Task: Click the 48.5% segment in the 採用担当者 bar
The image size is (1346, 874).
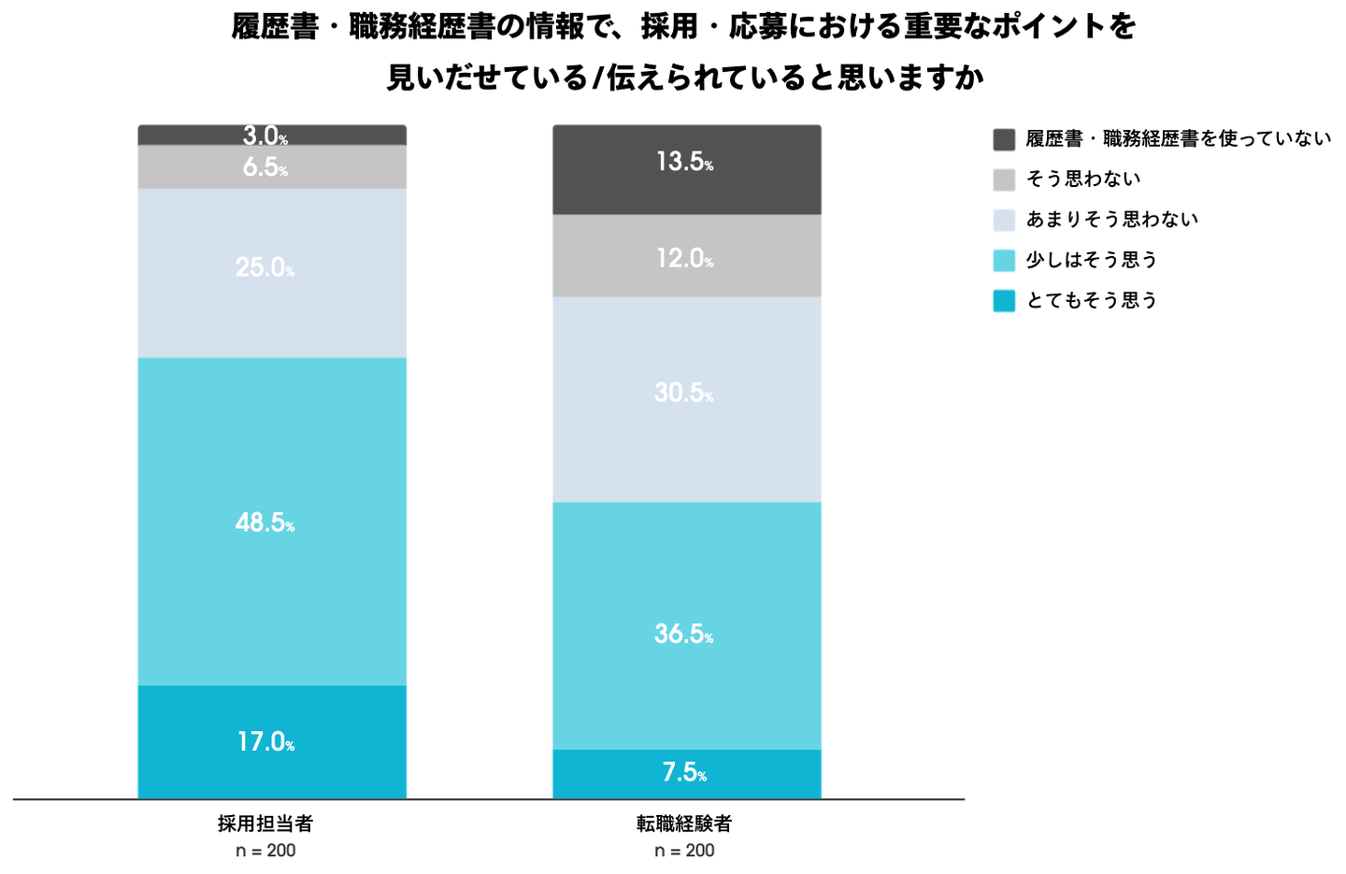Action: [271, 521]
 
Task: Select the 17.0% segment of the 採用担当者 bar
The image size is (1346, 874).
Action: [271, 741]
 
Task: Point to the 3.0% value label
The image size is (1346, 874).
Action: [265, 136]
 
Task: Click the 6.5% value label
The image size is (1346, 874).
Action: [265, 167]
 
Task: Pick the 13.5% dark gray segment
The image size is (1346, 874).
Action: [686, 169]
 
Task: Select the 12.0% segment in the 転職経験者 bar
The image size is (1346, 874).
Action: [686, 256]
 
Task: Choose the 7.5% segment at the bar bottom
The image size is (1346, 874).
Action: [686, 773]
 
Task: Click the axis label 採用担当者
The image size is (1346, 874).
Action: [265, 824]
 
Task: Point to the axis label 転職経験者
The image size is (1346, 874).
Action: [684, 824]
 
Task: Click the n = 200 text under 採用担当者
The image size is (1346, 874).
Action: [265, 851]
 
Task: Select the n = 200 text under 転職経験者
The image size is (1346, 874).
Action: [684, 851]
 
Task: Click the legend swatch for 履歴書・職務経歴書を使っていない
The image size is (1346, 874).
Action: [1004, 140]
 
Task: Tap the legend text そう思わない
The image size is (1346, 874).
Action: [1082, 179]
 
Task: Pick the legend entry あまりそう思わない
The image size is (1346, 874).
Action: [1111, 220]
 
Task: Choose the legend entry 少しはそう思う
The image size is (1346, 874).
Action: [1092, 260]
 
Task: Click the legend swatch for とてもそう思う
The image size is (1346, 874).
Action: [1004, 301]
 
